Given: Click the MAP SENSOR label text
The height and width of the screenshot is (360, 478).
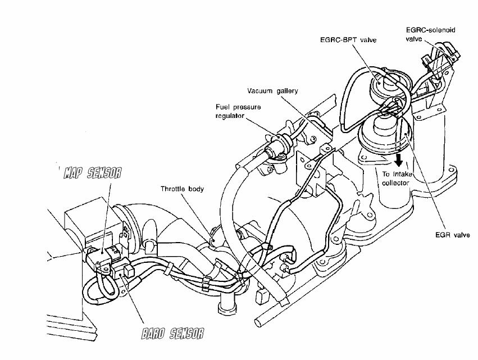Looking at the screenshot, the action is (x=92, y=173).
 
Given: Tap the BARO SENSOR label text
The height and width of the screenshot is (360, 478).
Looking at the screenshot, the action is (x=172, y=333).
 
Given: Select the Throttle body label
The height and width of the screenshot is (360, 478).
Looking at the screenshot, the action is (x=183, y=189).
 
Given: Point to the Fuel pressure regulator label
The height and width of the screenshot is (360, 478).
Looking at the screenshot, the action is (x=238, y=111).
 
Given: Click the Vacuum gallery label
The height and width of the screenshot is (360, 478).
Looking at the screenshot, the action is (x=272, y=91).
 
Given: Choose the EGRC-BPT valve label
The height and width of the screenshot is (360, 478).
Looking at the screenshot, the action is (x=348, y=40).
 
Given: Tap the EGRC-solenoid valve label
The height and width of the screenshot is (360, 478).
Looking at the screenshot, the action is (x=430, y=34).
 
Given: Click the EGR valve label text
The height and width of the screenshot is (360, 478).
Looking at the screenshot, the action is (x=453, y=235).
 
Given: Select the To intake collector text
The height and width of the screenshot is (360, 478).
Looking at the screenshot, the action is (x=397, y=179).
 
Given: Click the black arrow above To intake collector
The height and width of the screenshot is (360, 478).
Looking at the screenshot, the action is (x=398, y=160).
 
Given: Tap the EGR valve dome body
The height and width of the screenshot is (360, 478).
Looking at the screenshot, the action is (x=384, y=131).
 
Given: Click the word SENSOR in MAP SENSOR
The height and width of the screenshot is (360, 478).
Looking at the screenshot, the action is (x=104, y=173).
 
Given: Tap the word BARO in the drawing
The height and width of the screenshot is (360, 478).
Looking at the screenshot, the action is (x=153, y=333).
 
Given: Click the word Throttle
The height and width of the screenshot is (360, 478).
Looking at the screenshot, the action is (x=172, y=189).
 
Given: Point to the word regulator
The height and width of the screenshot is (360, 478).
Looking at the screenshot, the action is (x=230, y=116).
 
